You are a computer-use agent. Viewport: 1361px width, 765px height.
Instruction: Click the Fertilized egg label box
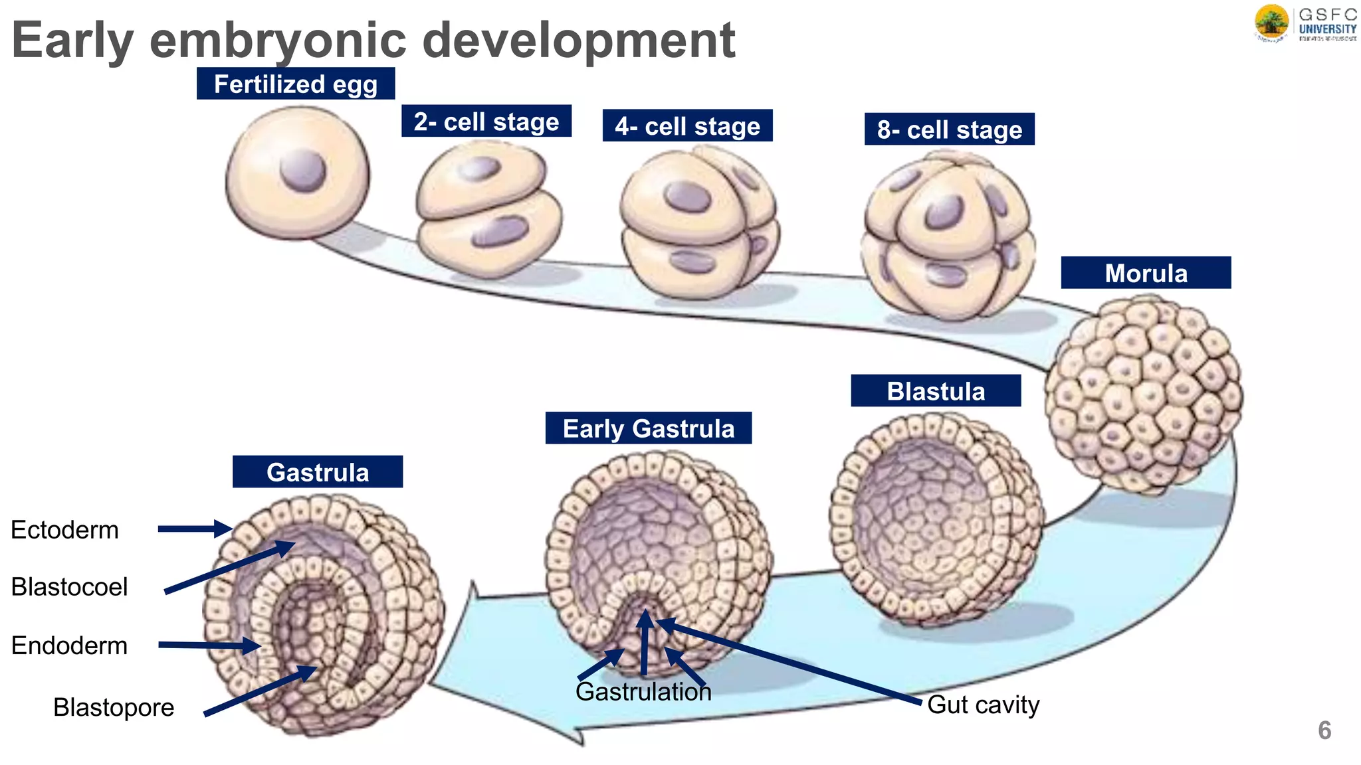(x=296, y=84)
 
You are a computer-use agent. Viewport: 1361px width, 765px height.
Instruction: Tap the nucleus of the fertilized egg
(x=303, y=170)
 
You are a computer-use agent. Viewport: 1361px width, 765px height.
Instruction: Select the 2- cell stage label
(x=486, y=121)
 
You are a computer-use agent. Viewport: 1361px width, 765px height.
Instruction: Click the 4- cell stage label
(x=687, y=126)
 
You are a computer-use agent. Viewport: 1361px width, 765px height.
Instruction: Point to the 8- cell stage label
(x=949, y=129)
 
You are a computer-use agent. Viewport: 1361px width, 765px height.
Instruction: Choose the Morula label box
(x=1146, y=273)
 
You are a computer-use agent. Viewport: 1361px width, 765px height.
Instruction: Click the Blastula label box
(x=936, y=390)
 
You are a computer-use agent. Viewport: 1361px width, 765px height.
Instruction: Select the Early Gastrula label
(x=649, y=428)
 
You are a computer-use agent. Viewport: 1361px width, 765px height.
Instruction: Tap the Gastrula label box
(x=318, y=472)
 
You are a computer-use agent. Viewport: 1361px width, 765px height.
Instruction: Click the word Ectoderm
(x=65, y=530)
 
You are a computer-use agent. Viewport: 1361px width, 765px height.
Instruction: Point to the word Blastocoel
(x=69, y=587)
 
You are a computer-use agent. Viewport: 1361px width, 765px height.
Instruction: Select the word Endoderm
(x=69, y=645)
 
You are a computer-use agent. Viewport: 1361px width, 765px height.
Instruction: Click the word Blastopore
(x=114, y=707)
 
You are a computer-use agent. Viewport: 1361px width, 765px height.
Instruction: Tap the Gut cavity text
(x=983, y=705)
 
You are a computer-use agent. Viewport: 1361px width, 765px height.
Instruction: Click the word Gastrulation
(x=643, y=692)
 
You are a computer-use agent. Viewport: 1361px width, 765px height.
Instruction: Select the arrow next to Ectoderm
(x=194, y=529)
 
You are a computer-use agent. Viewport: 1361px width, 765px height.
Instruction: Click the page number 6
(x=1324, y=730)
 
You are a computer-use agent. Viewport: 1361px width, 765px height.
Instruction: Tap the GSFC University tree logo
(x=1271, y=23)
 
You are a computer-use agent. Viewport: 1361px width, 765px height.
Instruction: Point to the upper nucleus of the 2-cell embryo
(x=478, y=168)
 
